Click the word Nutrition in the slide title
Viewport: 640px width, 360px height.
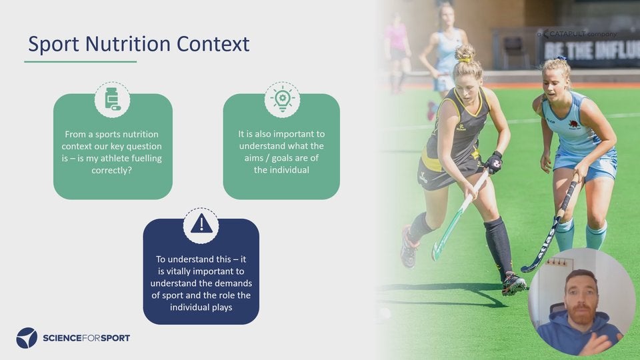pos(127,44)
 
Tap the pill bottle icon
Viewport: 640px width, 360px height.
pos(112,99)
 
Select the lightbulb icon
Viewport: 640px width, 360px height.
pos(282,99)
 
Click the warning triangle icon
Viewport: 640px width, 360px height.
pos(201,224)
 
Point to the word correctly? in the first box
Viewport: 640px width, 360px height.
pos(112,170)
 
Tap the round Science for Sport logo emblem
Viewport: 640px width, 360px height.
pos(27,337)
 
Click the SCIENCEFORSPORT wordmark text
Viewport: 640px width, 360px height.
pos(86,338)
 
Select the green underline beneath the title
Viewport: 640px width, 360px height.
pos(81,61)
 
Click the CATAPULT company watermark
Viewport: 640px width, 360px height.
pos(577,34)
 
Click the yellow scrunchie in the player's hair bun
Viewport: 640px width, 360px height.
pos(465,60)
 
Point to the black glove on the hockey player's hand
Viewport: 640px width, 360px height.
pos(494,163)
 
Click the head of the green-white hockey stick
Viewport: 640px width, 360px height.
pos(437,251)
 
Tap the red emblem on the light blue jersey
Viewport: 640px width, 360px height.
pos(574,124)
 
